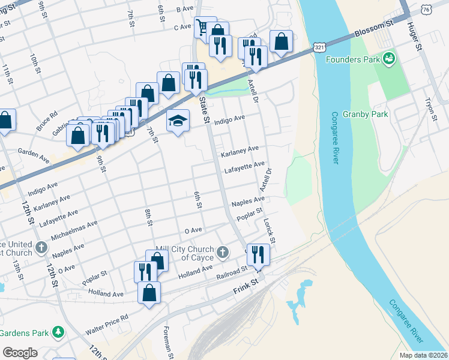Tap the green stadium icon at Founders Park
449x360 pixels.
pyautogui.click(x=389, y=59)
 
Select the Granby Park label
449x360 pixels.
pyautogui.click(x=365, y=114)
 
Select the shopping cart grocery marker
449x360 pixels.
pyautogui.click(x=202, y=26)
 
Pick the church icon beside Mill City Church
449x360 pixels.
pyautogui.click(x=223, y=252)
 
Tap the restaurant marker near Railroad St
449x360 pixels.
pyautogui.click(x=258, y=253)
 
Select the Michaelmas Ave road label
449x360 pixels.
pyautogui.click(x=74, y=227)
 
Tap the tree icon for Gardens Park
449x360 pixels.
pyautogui.click(x=58, y=331)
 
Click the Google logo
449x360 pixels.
pyautogui.click(x=20, y=353)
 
